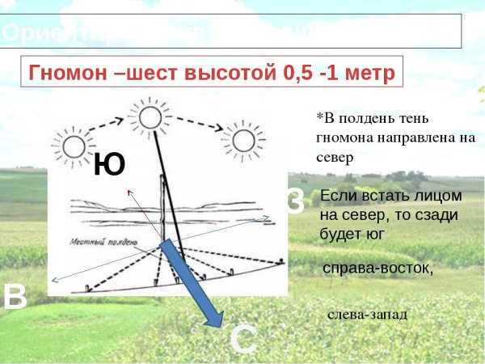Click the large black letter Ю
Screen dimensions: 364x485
(x=109, y=165)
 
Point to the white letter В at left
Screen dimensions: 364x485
(x=15, y=297)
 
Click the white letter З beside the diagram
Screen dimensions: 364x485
(x=294, y=202)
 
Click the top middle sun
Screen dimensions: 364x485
(x=149, y=117)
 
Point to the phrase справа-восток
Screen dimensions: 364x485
(x=377, y=268)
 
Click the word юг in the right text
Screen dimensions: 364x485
(x=373, y=233)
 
